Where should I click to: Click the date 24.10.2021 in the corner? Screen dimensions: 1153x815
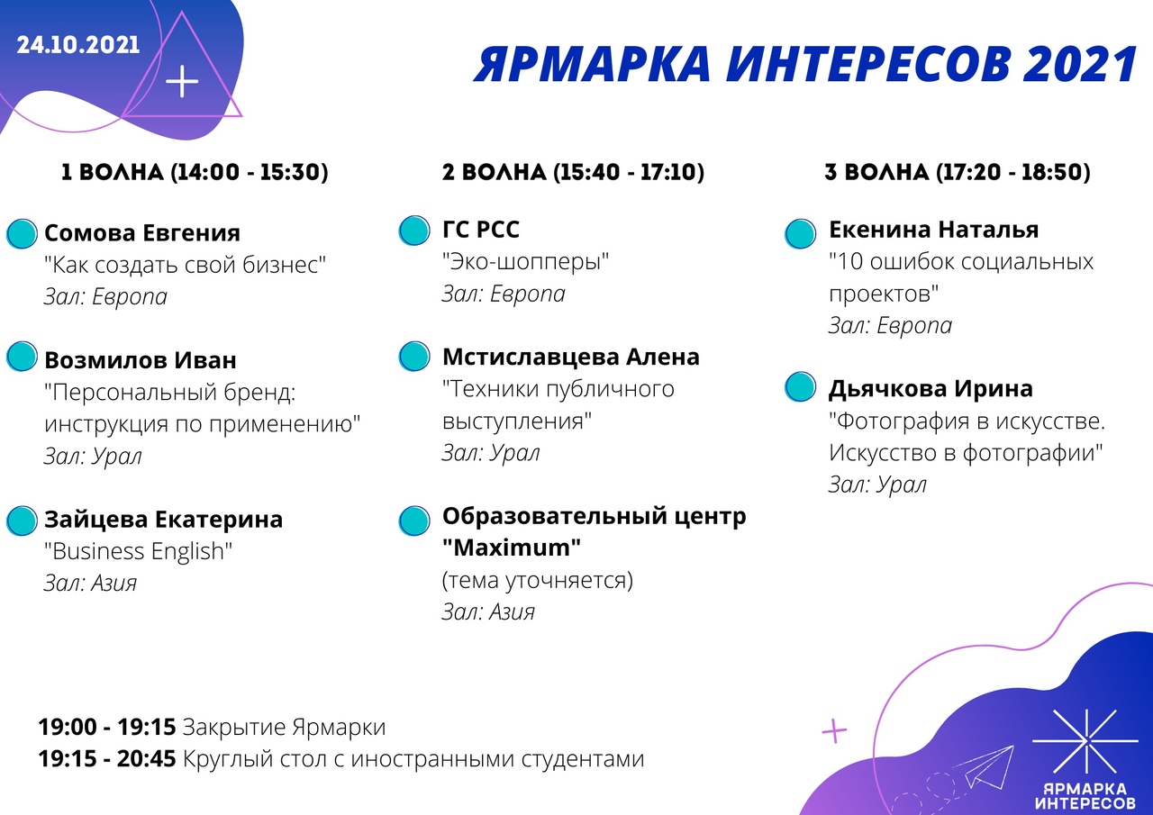[78, 45]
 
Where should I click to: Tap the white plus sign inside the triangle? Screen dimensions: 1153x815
[182, 81]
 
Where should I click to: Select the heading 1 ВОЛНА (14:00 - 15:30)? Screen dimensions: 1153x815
[195, 172]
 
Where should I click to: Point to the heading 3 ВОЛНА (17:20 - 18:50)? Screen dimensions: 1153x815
[958, 172]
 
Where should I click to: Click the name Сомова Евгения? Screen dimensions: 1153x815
[142, 233]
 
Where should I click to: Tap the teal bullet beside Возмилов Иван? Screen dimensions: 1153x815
[23, 356]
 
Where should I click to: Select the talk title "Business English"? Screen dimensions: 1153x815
[138, 551]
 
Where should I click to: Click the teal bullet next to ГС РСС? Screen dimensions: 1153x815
[414, 230]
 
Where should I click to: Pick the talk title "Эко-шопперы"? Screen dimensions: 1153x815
[525, 262]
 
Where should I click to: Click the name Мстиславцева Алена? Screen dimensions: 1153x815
[571, 358]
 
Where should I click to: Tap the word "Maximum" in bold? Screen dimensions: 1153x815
[512, 548]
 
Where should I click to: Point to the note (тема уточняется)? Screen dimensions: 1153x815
[538, 580]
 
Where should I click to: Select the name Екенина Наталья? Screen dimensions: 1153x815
[934, 230]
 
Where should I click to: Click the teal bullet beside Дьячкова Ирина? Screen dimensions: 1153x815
[801, 387]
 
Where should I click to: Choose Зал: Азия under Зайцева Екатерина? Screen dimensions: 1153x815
[91, 584]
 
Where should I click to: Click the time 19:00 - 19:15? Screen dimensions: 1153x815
[107, 727]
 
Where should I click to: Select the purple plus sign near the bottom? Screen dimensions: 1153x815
[834, 730]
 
